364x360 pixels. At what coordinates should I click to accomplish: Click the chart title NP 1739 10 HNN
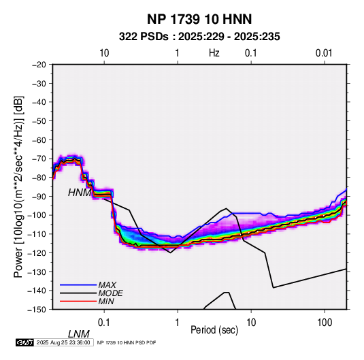coord(199,19)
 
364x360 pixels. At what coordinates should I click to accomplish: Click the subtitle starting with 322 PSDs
coord(199,37)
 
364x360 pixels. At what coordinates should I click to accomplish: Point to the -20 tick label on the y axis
coord(39,65)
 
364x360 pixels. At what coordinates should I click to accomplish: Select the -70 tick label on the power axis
coord(39,159)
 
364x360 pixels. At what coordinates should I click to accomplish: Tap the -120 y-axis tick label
coord(37,252)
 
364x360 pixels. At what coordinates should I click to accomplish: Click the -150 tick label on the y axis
coord(37,310)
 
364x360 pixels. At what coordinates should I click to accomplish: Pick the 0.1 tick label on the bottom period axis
coord(104,323)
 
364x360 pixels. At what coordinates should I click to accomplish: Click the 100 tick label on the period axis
coord(325,323)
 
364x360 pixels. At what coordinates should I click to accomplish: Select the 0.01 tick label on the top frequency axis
coord(324,53)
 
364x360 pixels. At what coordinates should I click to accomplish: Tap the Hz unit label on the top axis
coord(214,53)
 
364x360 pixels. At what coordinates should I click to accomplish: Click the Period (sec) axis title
coord(214,330)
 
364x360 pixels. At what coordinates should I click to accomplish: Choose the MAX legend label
coord(107,285)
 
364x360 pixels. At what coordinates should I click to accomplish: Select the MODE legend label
coord(110,293)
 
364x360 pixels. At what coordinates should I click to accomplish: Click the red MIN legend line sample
coord(78,301)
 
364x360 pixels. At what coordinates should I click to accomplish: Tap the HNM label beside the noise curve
coord(80,193)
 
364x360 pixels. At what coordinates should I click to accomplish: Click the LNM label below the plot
coord(79,334)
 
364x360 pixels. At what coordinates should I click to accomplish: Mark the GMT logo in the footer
coord(25,342)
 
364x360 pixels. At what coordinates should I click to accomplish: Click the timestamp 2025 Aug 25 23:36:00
coord(63,342)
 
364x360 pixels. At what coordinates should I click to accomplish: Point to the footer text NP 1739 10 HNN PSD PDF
coord(127,342)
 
